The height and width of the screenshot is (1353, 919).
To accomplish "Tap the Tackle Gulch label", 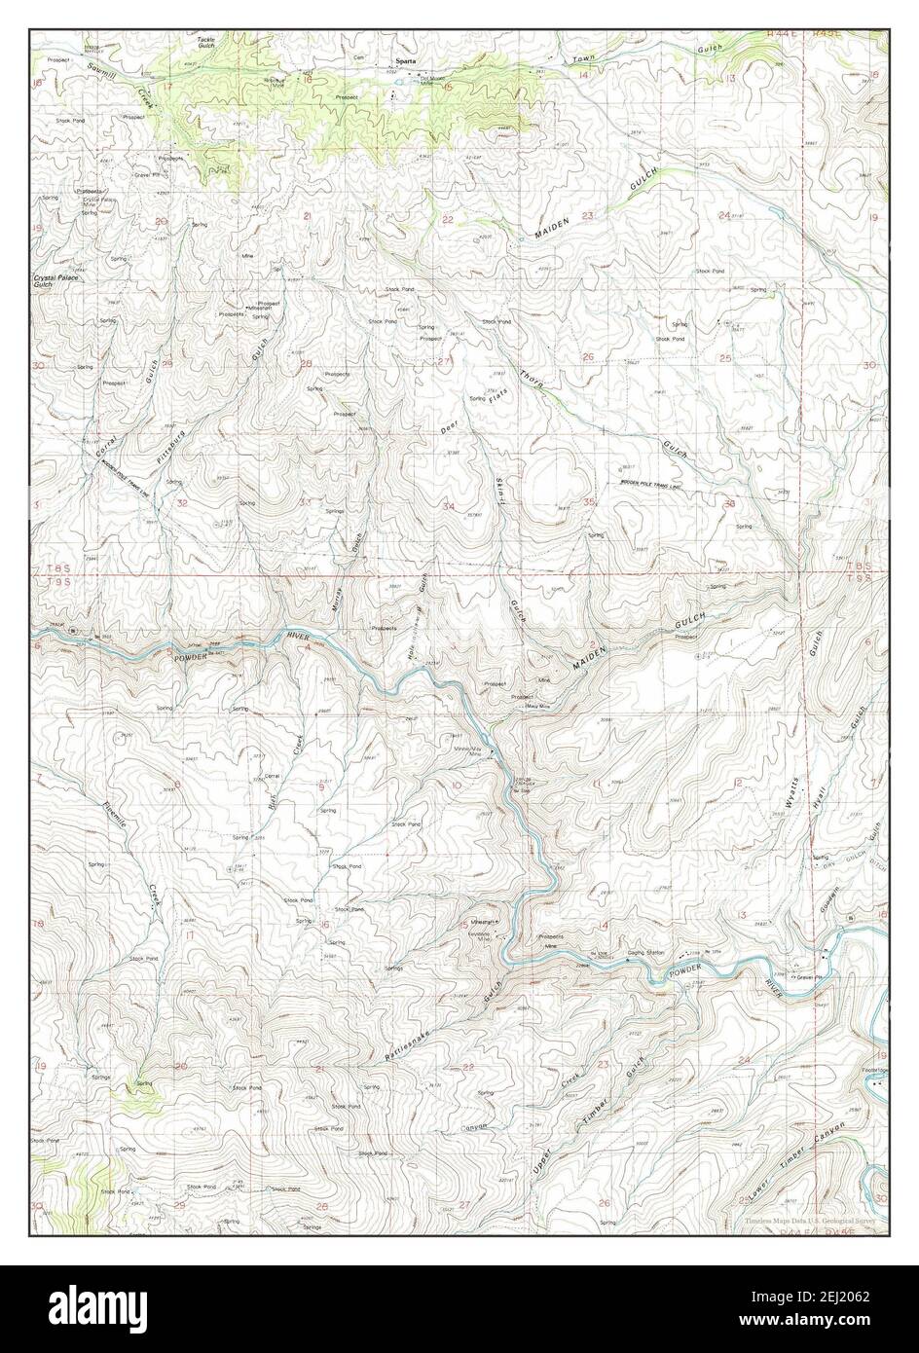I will click(x=206, y=43).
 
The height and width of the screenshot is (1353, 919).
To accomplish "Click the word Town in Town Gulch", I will click(x=583, y=59).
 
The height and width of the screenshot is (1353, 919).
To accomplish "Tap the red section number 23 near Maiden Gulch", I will click(x=587, y=216).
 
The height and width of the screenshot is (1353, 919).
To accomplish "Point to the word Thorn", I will click(x=531, y=382).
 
